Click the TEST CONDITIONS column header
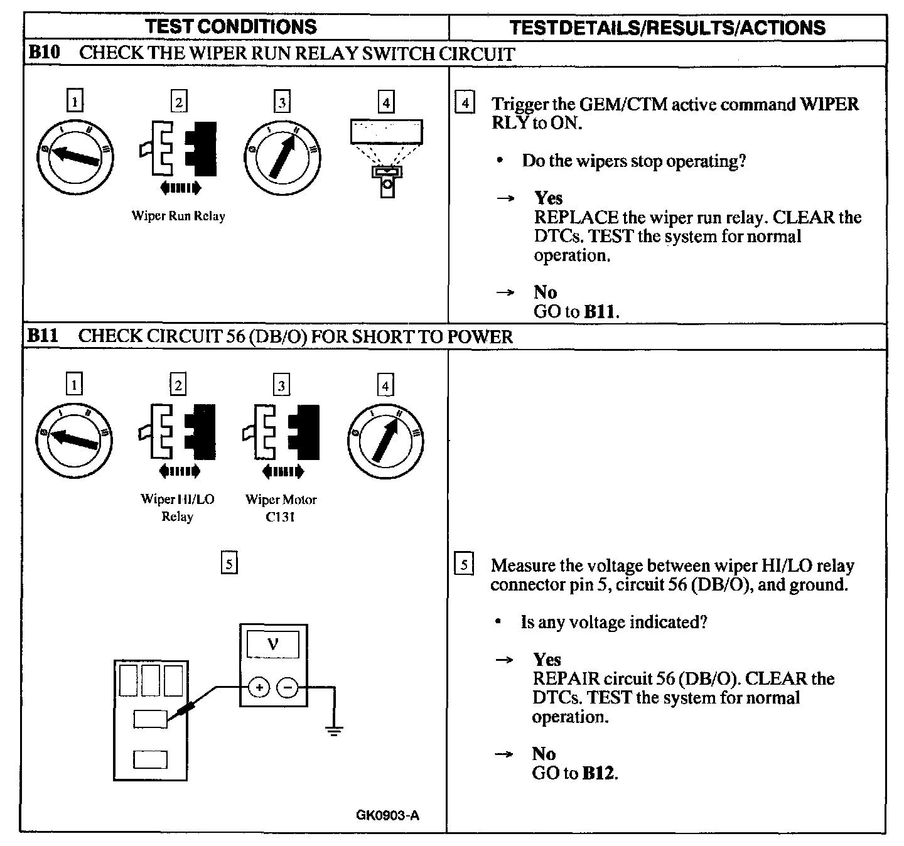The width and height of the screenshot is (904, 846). [231, 27]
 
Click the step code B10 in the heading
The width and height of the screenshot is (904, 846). [44, 53]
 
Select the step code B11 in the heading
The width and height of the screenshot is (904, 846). [43, 336]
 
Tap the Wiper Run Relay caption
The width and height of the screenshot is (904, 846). [178, 216]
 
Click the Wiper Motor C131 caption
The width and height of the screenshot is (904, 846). [281, 508]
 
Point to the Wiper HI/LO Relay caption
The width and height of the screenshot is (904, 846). [177, 508]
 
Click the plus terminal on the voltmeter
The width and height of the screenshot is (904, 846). [259, 688]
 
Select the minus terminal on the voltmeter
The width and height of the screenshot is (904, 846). [288, 688]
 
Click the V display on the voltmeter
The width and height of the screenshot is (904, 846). [273, 643]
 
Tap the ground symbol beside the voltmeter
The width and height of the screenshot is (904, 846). [334, 729]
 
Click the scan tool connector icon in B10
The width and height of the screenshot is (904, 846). [386, 157]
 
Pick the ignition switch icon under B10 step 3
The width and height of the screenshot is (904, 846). [282, 155]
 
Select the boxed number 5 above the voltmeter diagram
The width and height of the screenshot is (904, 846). [229, 564]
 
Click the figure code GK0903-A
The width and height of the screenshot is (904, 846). [387, 816]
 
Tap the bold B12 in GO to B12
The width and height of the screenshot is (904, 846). [598, 773]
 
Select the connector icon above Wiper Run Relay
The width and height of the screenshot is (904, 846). [178, 149]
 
